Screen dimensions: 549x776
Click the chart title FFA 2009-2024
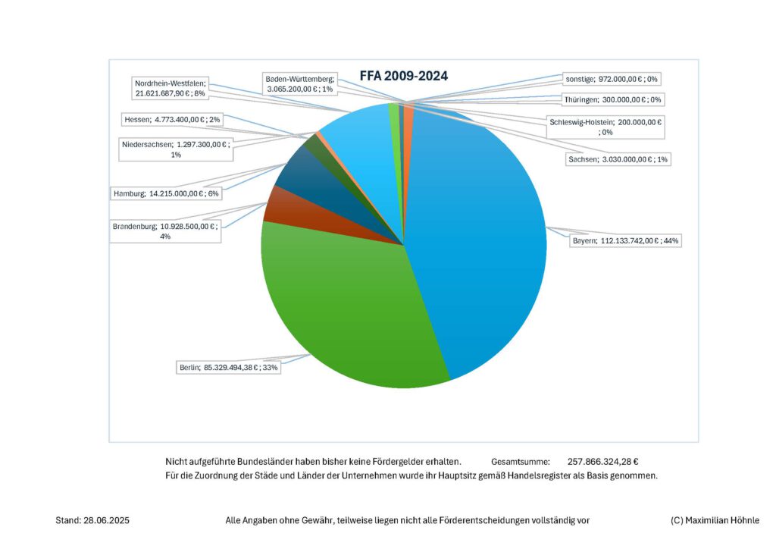pyautogui.click(x=403, y=76)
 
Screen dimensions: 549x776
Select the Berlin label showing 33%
pyautogui.click(x=228, y=369)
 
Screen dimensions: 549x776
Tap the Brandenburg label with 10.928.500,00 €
pyautogui.click(x=165, y=231)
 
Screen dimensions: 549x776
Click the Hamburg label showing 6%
pyautogui.click(x=166, y=194)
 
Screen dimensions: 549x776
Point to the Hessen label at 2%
pyautogui.click(x=171, y=119)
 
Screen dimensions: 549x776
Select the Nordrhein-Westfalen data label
pyautogui.click(x=171, y=88)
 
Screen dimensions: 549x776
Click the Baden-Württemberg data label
pyautogui.click(x=299, y=83)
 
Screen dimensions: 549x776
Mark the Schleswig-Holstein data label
pyautogui.click(x=605, y=127)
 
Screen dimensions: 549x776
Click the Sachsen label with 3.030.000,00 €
pyautogui.click(x=618, y=159)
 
